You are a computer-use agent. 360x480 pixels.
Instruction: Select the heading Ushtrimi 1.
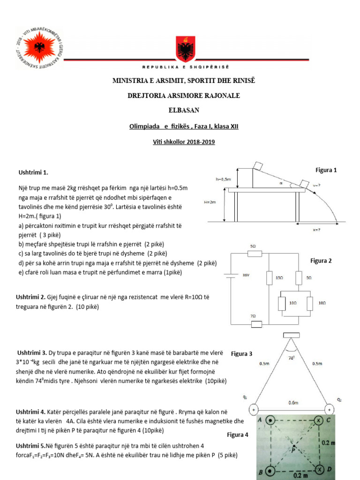(33, 172)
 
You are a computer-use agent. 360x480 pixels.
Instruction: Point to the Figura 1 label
(326, 170)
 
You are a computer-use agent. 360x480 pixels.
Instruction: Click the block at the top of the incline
(259, 165)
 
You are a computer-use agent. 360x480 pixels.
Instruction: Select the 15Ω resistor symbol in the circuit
(270, 277)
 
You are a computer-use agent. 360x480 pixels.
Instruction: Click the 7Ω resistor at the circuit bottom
(254, 323)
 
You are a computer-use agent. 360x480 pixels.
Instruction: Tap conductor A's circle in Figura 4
(270, 420)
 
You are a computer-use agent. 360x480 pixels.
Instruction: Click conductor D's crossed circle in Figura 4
(320, 469)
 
